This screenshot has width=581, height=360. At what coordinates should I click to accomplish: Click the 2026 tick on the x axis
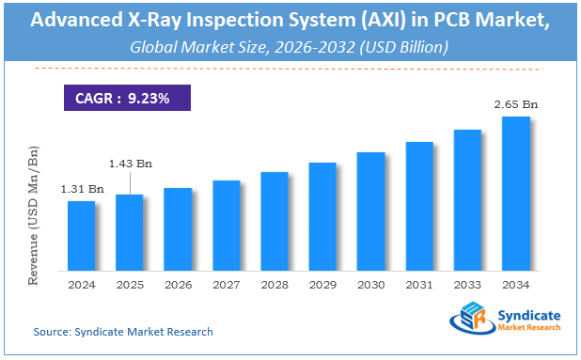coord(178,284)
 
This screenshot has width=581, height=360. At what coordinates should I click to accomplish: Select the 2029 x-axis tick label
coord(322,284)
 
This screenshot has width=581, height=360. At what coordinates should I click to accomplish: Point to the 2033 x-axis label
coord(467,284)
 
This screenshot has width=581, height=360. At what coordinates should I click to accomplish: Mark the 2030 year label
coord(370,284)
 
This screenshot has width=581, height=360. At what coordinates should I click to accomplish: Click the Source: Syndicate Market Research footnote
coord(123,332)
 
